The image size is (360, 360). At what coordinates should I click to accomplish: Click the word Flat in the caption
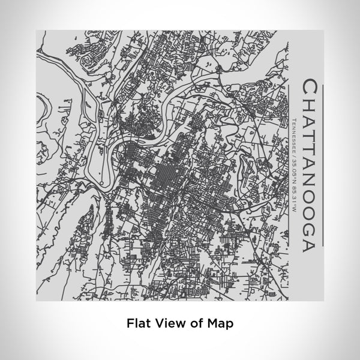tap(139, 322)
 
